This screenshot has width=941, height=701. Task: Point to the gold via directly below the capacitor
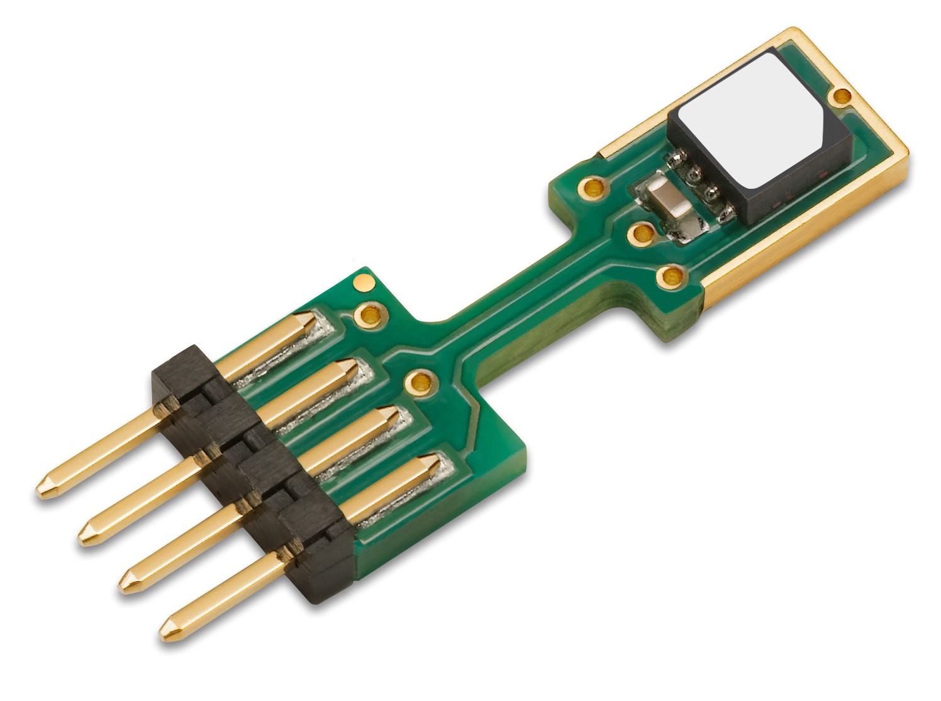[x=642, y=233]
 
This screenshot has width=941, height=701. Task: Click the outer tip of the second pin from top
[x=86, y=536]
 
